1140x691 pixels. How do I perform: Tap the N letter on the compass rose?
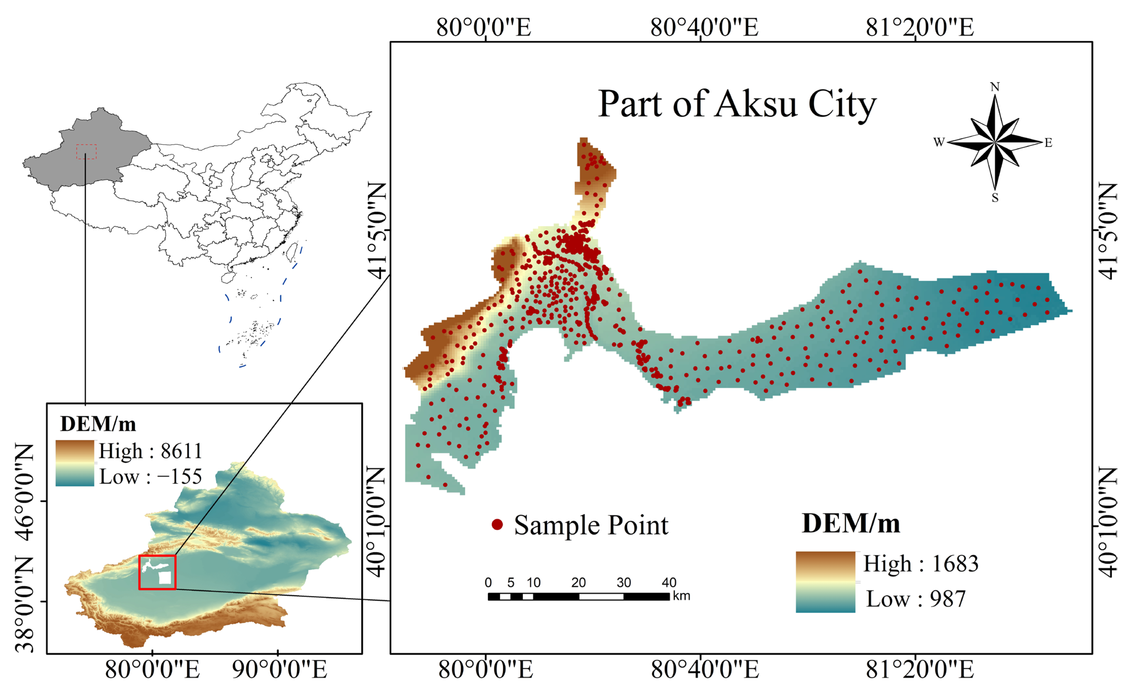tap(995, 87)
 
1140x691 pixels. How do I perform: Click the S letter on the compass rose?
tap(995, 198)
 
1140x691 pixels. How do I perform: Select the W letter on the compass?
tap(939, 142)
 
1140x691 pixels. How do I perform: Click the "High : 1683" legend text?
tap(921, 563)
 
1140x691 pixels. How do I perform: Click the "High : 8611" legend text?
tap(150, 451)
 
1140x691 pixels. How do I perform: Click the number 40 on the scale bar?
tap(669, 582)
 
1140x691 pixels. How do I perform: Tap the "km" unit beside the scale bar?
tap(682, 596)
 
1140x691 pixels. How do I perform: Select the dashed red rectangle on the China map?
tap(87, 152)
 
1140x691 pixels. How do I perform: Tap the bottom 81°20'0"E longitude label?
tap(920, 670)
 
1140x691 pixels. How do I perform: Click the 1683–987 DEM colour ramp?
tap(825, 582)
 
